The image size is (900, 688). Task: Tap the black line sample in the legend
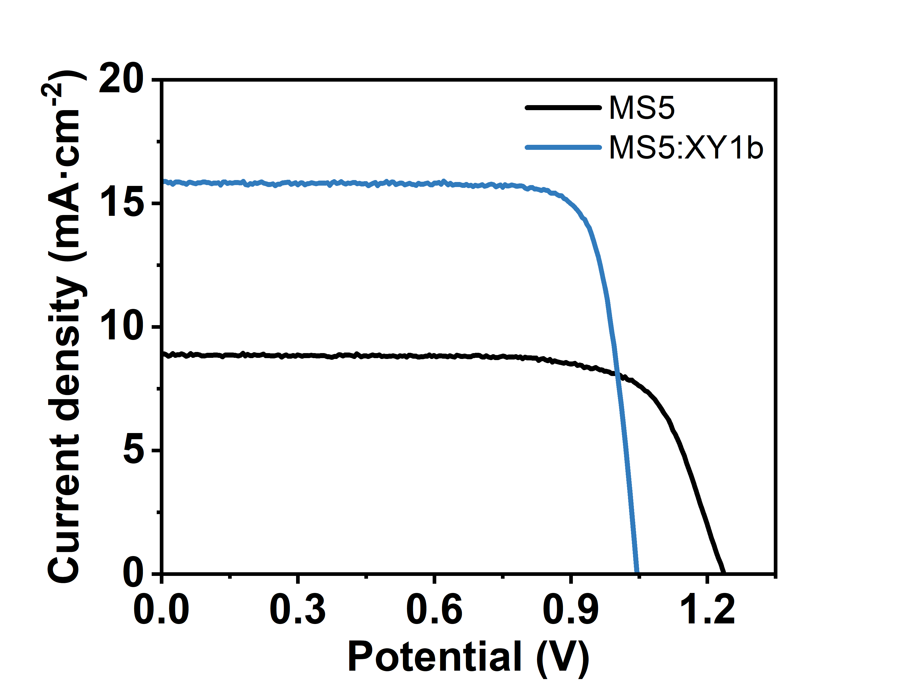(562, 108)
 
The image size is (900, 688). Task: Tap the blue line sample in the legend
(562, 147)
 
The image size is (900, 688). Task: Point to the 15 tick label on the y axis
(121, 203)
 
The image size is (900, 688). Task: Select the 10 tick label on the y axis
(121, 327)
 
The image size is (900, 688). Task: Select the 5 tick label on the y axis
(133, 451)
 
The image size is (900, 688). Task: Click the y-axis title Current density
(65, 328)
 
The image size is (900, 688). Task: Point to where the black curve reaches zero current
(723, 573)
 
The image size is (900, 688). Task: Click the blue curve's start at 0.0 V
(163, 181)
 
